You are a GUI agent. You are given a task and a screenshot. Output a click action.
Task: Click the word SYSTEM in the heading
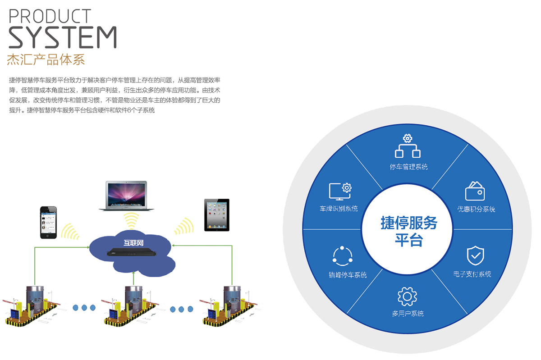click(x=63, y=38)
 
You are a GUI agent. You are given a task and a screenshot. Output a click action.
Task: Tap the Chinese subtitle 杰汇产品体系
click(x=46, y=59)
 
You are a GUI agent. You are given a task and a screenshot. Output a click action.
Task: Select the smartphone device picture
click(x=48, y=223)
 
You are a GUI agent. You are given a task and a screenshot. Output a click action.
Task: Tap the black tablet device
click(x=217, y=215)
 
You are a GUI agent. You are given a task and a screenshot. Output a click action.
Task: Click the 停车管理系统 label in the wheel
click(x=408, y=167)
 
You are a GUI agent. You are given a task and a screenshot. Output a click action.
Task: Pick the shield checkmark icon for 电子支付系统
click(x=475, y=256)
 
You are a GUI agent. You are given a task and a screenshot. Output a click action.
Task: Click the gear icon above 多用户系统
click(x=407, y=296)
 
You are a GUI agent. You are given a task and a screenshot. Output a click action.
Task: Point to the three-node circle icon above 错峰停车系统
click(x=342, y=256)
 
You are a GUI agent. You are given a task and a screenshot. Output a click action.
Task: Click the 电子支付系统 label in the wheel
click(x=472, y=274)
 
